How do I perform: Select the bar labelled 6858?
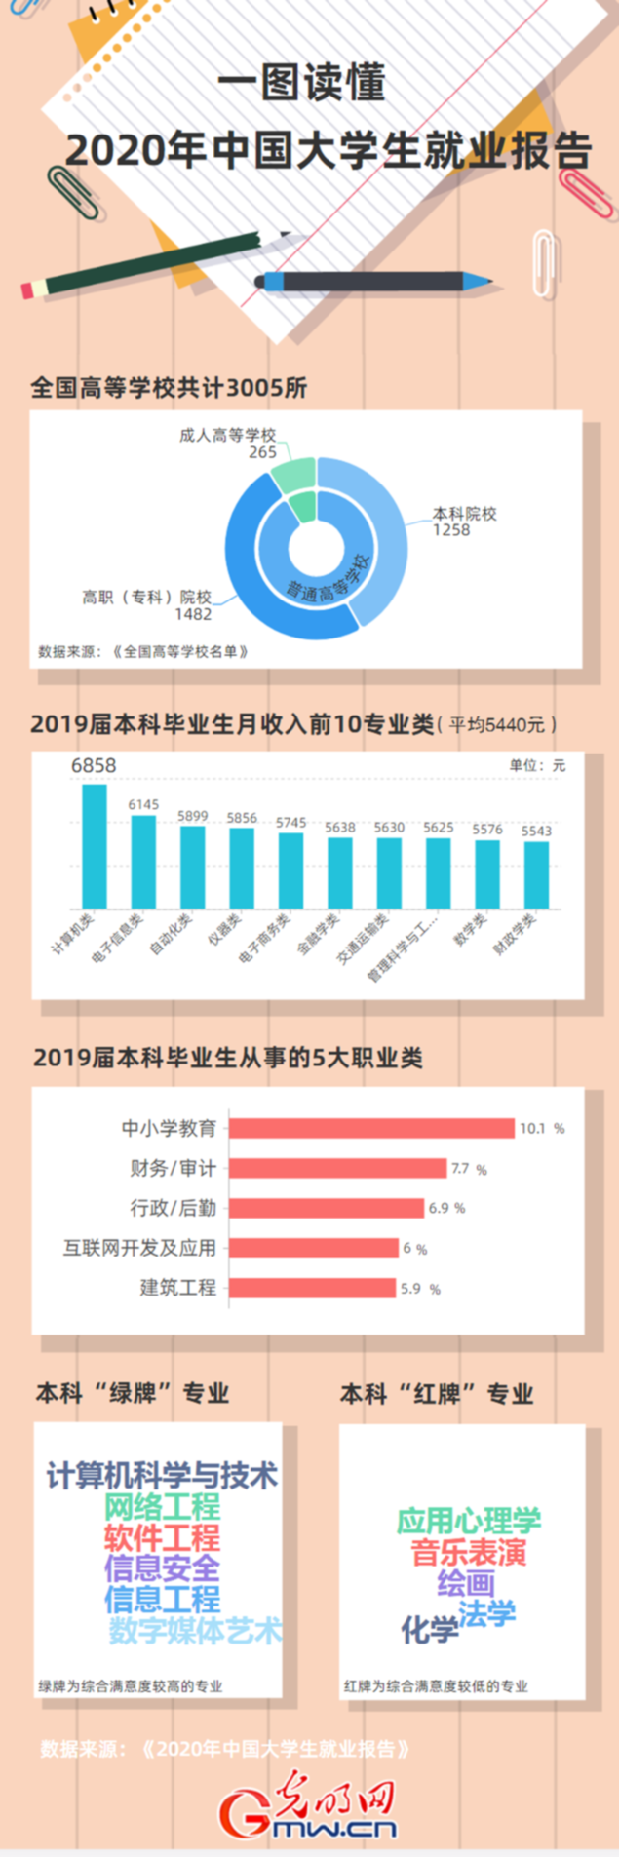pos(95,846)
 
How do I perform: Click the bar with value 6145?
pos(143,862)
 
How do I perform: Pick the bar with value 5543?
pos(536,874)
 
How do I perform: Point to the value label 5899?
pos(192,816)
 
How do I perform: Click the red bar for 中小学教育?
pos(371,1128)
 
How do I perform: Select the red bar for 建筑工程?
pos(312,1288)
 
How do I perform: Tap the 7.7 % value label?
pos(469,1169)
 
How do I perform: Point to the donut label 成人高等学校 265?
pos(228,444)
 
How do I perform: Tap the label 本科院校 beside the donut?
pos(465,514)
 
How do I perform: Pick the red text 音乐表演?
pos(468,1552)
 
